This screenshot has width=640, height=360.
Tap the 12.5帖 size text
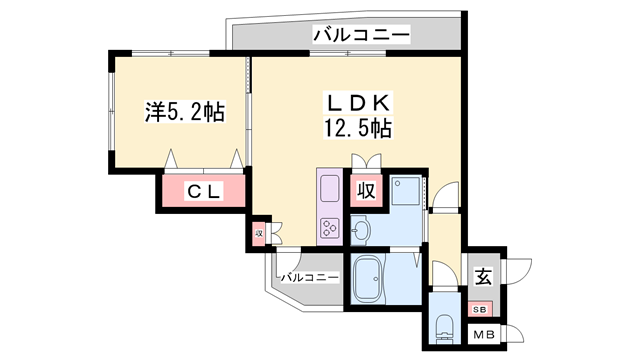coord(357,127)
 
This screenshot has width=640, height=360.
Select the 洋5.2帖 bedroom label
coord(184,113)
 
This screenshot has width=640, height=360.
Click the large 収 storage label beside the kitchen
coord(366,190)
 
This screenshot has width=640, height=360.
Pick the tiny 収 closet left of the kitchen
coord(258,233)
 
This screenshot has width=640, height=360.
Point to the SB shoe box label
coord(482,308)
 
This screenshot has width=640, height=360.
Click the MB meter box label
coord(483,335)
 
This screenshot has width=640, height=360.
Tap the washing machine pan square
coord(406,192)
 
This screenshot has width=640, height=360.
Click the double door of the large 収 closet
coord(366,160)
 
